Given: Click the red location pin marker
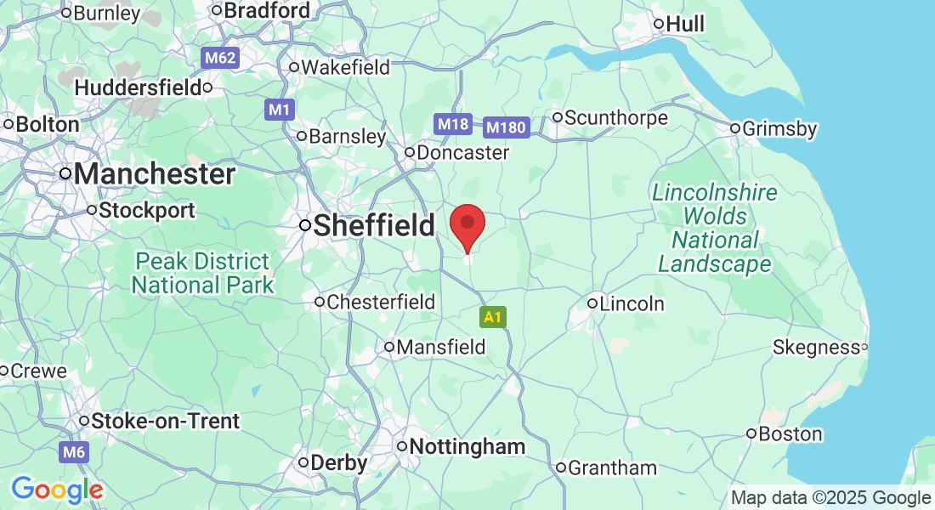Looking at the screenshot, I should pos(467,225).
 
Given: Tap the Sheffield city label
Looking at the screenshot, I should pos(374,226).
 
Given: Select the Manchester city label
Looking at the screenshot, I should pos(154,174).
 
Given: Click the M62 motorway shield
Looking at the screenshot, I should pos(220,59).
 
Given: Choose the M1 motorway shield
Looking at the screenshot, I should pos(280,110).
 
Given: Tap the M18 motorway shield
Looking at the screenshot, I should pos(453,124).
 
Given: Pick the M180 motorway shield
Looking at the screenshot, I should pos(507,127).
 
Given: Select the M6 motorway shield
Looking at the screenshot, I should pos(74,451).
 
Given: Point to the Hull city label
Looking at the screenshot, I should pos(685,24).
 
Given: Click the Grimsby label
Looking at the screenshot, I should pos(779,129).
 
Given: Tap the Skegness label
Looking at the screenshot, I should pos(816,347).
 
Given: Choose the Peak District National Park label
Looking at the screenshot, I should pos(203,273).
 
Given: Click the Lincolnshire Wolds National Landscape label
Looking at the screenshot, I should pos(715,229).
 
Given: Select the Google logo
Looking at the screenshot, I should pos(57,490).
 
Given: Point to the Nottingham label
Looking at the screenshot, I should pos(467,447).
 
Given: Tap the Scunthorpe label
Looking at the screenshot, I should pos(616,117).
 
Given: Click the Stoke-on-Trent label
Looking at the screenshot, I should pos(165,421).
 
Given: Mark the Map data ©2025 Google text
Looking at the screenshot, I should pos(830,498).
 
